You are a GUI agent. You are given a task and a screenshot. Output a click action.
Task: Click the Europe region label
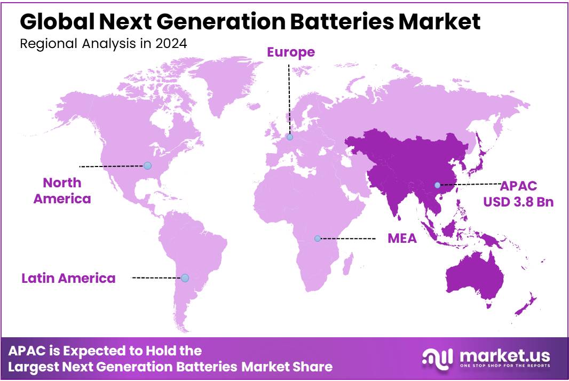click(290, 52)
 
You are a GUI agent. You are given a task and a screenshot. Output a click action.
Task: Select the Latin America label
click(68, 278)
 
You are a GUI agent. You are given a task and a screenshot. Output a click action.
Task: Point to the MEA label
click(402, 239)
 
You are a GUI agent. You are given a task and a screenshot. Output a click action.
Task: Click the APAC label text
click(518, 186)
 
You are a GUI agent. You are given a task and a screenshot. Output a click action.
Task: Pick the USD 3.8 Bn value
click(518, 202)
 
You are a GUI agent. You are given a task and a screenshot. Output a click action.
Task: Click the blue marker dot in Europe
click(290, 137)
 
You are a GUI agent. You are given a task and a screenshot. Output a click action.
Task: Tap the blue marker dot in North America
click(147, 165)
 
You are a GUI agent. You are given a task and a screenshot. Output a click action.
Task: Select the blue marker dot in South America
click(185, 278)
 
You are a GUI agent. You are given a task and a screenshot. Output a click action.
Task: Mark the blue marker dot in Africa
click(318, 239)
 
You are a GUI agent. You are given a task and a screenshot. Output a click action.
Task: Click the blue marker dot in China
click(438, 185)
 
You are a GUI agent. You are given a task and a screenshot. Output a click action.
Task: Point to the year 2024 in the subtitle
click(171, 44)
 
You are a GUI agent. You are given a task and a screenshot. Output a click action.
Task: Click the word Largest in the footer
click(33, 367)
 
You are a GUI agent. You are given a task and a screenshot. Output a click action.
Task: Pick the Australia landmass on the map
click(475, 280)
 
